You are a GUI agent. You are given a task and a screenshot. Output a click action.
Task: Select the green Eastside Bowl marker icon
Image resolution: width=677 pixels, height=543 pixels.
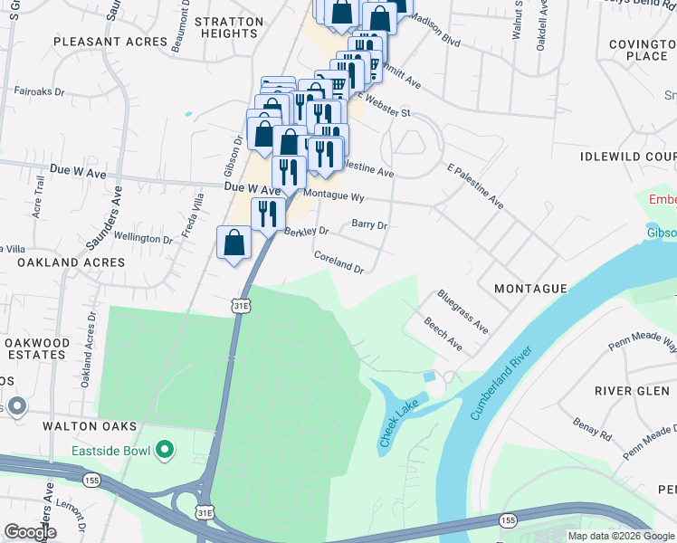[164, 449]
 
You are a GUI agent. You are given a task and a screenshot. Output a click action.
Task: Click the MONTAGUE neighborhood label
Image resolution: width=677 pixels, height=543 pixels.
[530, 289]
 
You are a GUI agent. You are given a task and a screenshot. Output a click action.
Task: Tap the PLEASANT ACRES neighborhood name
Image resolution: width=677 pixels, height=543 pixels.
[110, 42]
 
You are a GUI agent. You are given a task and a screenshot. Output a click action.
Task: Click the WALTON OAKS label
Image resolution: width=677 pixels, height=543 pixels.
[94, 425]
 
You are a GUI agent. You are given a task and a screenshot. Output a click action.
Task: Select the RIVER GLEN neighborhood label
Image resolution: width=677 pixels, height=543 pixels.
[632, 391]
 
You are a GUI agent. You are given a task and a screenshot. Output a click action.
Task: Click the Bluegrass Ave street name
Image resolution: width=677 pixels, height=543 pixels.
[462, 311]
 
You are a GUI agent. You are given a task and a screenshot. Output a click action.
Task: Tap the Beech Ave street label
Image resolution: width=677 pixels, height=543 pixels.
[443, 334]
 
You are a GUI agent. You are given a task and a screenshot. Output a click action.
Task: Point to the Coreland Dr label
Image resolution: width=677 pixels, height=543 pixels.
[338, 263]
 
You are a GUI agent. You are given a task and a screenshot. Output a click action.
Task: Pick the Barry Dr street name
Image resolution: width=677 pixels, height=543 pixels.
[368, 224]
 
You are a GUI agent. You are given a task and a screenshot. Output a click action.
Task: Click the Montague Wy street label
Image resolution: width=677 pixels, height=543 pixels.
[333, 195]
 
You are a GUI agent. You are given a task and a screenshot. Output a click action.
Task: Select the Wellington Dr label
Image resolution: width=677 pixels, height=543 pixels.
[143, 239]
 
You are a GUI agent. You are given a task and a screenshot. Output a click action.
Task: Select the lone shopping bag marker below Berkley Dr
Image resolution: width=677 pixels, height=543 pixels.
[234, 243]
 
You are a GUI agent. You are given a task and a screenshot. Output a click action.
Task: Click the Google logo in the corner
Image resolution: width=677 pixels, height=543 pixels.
[29, 532]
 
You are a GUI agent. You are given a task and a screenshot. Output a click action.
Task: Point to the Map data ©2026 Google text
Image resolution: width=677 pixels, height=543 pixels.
[621, 536]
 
